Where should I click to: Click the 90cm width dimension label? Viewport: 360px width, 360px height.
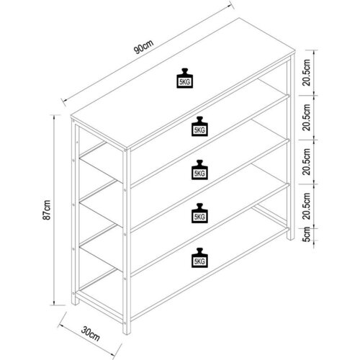pyautogui.click(x=143, y=47)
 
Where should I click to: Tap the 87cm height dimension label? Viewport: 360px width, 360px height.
pyautogui.click(x=47, y=210)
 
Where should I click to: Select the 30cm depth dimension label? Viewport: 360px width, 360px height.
pyautogui.click(x=90, y=334)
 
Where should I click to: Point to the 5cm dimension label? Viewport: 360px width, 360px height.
pyautogui.click(x=307, y=234)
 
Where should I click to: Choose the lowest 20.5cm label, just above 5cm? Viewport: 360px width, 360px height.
pyautogui.click(x=307, y=206)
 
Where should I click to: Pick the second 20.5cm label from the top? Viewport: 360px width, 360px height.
pyautogui.click(x=307, y=117)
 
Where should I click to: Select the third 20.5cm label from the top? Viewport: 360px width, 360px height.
pyautogui.click(x=307, y=161)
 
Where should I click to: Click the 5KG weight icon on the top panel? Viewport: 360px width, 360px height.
pyautogui.click(x=185, y=78)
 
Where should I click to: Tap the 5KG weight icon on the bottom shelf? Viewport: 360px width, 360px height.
pyautogui.click(x=199, y=258)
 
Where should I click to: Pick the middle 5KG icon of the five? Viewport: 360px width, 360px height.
pyautogui.click(x=199, y=170)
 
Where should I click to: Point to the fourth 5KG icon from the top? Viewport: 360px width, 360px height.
pyautogui.click(x=199, y=213)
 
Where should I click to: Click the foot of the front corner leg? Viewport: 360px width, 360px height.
pyautogui.click(x=127, y=333)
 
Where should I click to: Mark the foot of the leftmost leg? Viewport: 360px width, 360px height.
pyautogui.click(x=75, y=303)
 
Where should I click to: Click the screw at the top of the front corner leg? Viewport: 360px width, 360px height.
pyautogui.click(x=125, y=150)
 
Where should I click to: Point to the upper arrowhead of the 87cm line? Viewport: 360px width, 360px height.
pyautogui.click(x=54, y=117)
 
